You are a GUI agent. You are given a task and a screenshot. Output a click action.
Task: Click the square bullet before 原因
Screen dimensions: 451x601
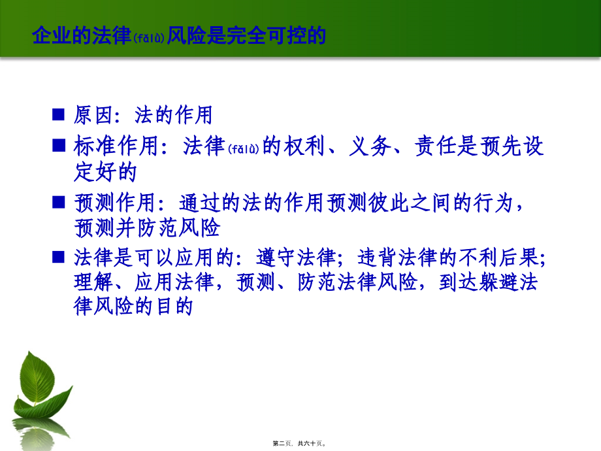(x=59, y=114)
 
